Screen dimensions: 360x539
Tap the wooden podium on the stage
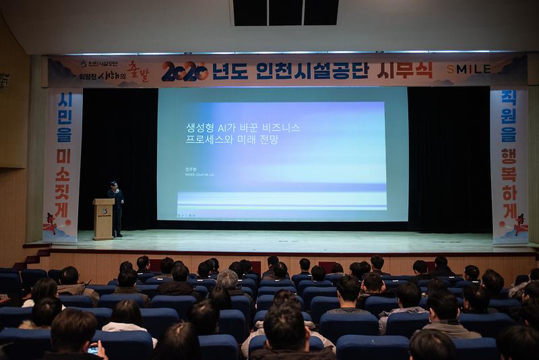click(x=104, y=218)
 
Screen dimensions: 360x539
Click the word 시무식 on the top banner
click(x=407, y=70)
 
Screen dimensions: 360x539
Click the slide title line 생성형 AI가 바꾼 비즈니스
click(x=243, y=127)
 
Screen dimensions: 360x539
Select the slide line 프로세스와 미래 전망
click(x=232, y=140)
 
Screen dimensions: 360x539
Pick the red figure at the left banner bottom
click(x=51, y=223)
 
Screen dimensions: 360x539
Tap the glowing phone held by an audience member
click(x=93, y=349)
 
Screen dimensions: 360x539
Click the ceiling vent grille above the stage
click(x=285, y=12)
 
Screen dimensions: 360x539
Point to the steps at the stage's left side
click(x=34, y=259)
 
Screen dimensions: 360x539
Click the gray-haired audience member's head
click(x=228, y=278)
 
